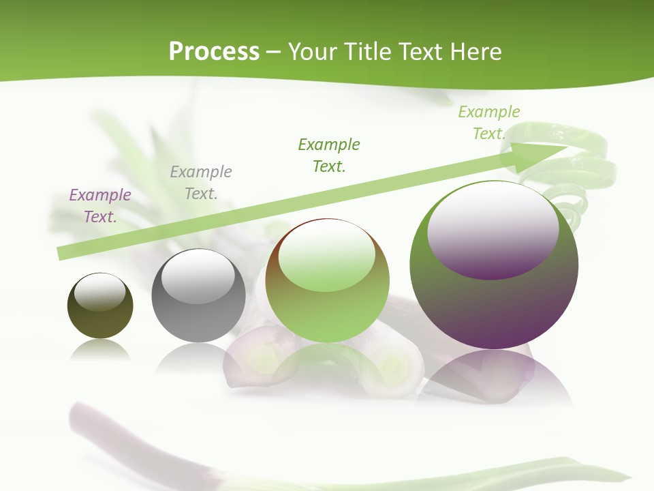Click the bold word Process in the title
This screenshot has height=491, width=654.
coord(214,52)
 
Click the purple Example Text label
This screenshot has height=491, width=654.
coord(100,206)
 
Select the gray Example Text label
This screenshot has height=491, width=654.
coord(201,183)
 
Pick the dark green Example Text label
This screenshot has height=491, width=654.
coord(329,155)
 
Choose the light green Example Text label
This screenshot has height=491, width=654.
coord(489,123)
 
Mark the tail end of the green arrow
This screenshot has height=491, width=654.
coord(63,253)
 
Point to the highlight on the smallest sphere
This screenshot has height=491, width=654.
coord(100,292)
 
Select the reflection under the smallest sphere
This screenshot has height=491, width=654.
coord(100,351)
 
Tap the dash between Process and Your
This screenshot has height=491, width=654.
coord(274,52)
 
